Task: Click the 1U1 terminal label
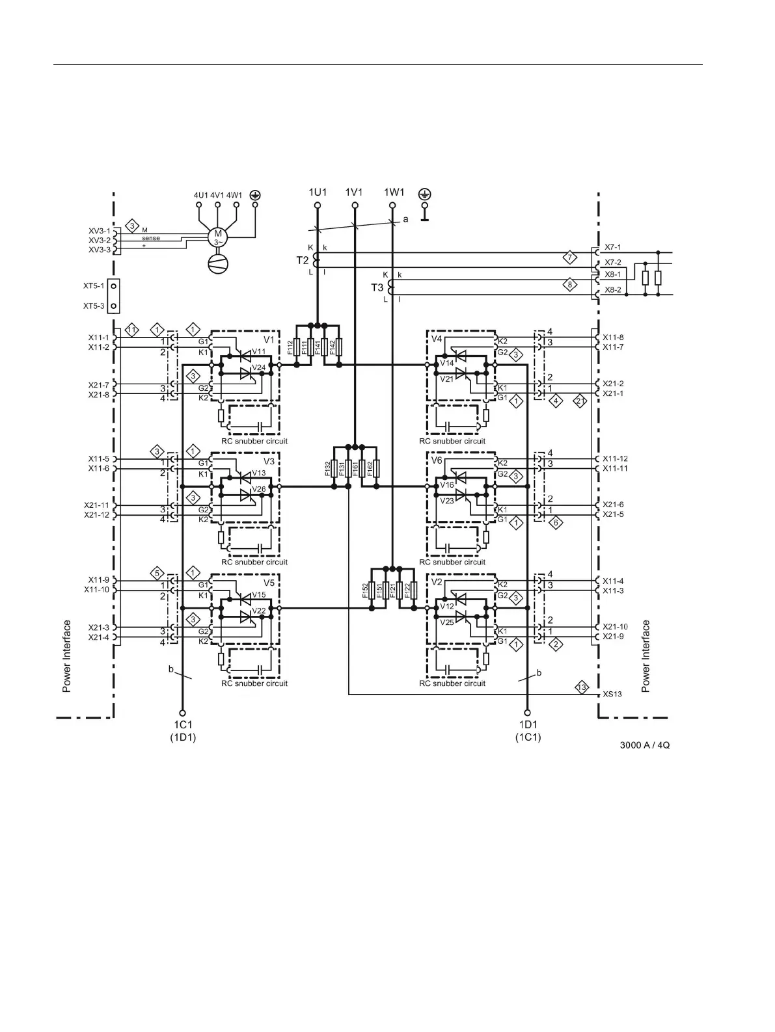coord(318,192)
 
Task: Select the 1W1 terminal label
coord(394,192)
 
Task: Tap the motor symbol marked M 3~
coord(218,238)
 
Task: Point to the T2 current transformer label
coord(303,260)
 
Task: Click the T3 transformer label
coord(377,287)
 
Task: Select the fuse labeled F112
coord(297,347)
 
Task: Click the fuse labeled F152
coord(372,590)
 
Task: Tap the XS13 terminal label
coord(612,694)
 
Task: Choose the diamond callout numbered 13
coord(582,687)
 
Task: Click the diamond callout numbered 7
coord(569,256)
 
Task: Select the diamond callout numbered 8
coord(569,284)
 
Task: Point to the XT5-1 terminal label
coord(93,285)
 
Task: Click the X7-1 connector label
coord(612,247)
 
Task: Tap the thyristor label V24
coord(259,367)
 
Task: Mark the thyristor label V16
coord(446,485)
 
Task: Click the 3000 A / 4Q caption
coord(644,745)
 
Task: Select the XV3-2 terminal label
coord(99,241)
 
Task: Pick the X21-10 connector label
coord(615,626)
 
